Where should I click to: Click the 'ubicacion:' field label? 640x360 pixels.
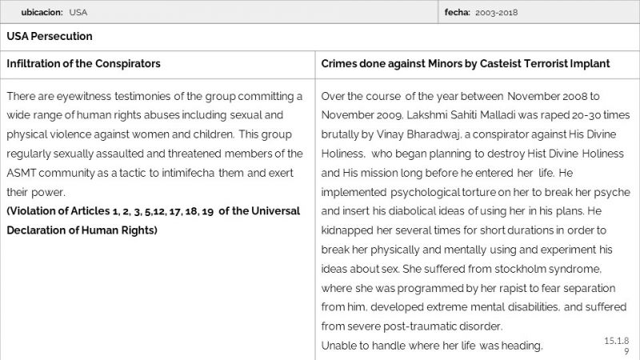(42, 13)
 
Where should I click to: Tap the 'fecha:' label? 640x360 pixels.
(458, 13)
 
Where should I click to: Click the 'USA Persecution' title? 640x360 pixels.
(50, 37)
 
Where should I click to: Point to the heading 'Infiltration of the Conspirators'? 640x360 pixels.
(84, 63)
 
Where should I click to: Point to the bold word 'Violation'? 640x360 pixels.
(34, 211)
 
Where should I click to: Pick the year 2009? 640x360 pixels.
(389, 115)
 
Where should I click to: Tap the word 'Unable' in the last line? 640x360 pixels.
(339, 346)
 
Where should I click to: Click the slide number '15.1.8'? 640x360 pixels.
(617, 341)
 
